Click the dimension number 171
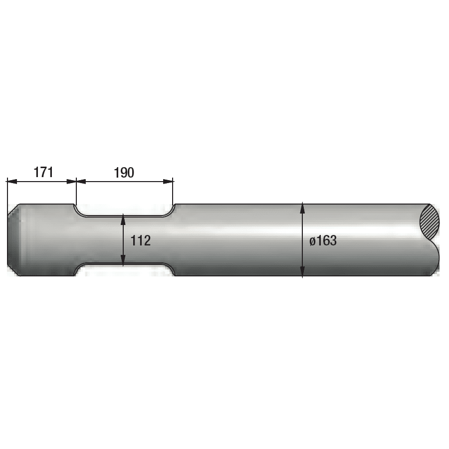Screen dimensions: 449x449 tap(43, 173)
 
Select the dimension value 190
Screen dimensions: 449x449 tap(124, 173)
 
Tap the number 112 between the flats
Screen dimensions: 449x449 tap(141, 241)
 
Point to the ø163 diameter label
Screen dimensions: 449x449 tap(323, 241)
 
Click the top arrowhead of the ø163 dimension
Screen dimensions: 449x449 tap(302, 207)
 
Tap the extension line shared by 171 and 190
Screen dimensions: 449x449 tap(76, 192)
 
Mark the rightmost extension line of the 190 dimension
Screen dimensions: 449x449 tap(173, 192)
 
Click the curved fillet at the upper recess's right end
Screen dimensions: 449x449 tap(171, 212)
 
